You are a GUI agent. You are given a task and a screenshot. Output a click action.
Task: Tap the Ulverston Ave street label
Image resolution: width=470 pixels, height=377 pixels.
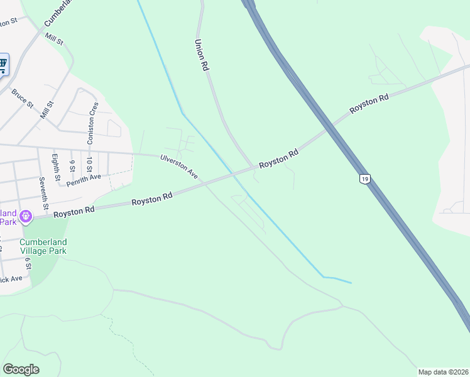pos(179,167)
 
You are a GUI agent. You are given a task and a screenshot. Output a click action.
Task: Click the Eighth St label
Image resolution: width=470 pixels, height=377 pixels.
pos(56,167)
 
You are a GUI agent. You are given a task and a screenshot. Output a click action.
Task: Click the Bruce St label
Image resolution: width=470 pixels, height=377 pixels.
pos(22,98)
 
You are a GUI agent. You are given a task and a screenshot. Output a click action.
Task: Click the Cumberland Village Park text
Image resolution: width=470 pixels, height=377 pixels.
pos(43,246)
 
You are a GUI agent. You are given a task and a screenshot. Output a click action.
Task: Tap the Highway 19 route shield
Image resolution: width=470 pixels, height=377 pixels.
pos(364,179)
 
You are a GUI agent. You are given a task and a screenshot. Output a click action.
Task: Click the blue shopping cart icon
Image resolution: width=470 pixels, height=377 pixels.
pos(3,63)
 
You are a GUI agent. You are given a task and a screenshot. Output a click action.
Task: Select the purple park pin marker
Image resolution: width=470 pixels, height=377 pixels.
pos(25,217)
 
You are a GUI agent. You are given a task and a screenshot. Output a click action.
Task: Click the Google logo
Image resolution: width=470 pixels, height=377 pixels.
pos(21,369)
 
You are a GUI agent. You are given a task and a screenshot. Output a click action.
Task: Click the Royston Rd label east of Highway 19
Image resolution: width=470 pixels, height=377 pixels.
pos(369,104)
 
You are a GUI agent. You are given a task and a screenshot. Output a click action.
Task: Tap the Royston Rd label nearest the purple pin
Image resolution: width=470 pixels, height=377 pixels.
pos(74,210)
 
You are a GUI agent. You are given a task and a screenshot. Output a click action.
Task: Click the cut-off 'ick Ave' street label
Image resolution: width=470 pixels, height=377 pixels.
pos(11,278)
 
